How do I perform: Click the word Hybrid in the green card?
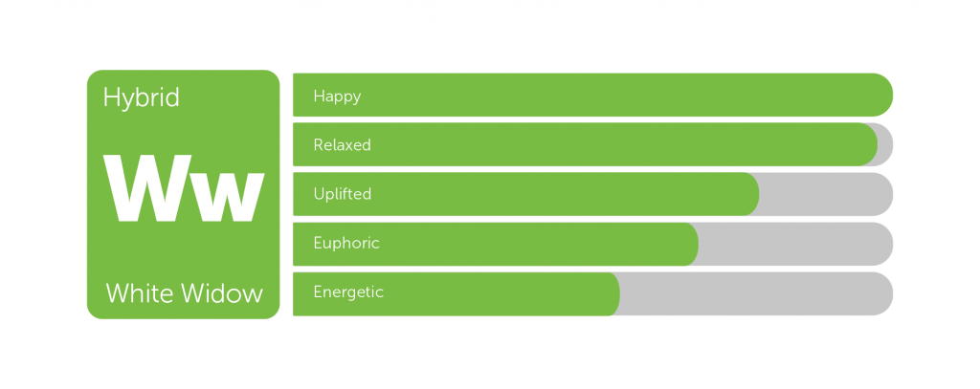(142, 98)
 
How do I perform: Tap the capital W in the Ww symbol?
(147, 188)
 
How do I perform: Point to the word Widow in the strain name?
(222, 292)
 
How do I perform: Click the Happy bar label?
(338, 97)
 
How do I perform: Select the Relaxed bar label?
(343, 145)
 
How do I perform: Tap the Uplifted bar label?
(343, 194)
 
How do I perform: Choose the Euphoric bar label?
(346, 243)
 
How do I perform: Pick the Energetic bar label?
(348, 292)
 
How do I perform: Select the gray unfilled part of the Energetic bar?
(756, 293)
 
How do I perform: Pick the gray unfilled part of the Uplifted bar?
(826, 194)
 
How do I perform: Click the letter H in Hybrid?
(110, 97)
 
